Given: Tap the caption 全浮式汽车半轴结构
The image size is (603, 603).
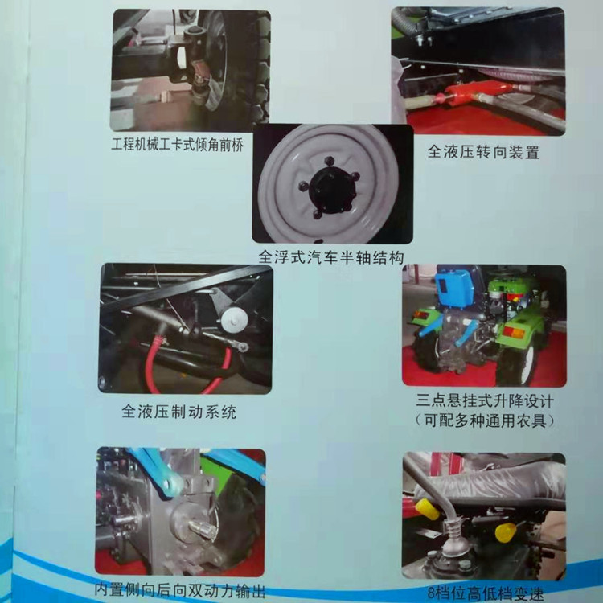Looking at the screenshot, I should tap(330, 257).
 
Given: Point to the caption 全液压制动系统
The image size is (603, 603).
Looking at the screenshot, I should tap(179, 412).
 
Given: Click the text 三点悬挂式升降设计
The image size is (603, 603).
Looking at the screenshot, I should tap(484, 400).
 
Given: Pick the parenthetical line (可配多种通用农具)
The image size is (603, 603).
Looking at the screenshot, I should tap(484, 419).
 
